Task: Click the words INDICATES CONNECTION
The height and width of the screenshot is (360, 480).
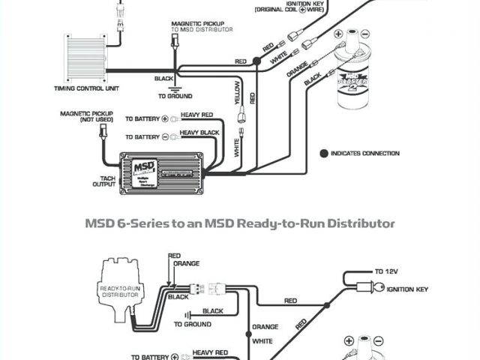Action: (x=365, y=153)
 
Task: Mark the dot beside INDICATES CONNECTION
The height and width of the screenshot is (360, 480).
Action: (x=324, y=153)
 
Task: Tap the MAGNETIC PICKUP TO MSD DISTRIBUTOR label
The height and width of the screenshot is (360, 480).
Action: (x=201, y=28)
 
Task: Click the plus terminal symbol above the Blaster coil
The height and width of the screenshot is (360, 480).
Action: (x=339, y=34)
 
